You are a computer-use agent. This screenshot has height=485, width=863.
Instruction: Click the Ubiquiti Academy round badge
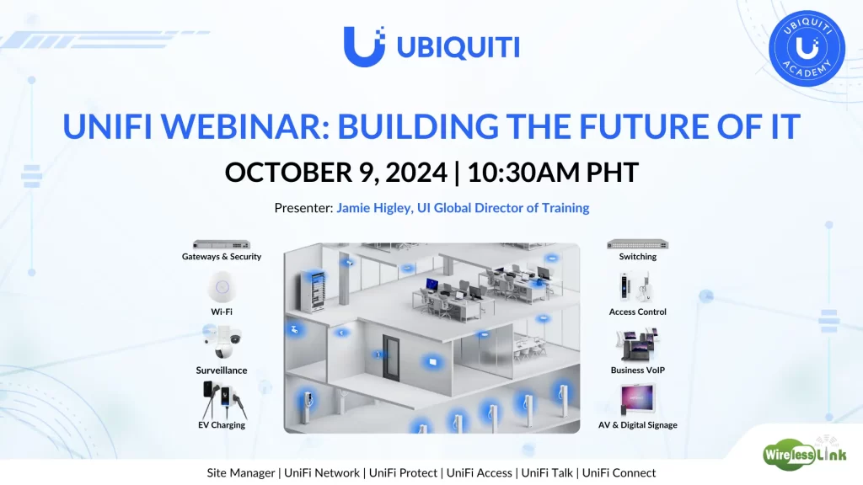[x=807, y=48]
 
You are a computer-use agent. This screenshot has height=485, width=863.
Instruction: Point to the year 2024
[x=416, y=172]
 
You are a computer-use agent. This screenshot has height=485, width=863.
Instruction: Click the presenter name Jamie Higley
[x=373, y=208]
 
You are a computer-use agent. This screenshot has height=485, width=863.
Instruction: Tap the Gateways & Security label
[x=222, y=256]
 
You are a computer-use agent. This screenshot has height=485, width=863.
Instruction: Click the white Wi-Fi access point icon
[x=222, y=287]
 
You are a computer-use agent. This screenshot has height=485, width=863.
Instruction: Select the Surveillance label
[x=222, y=370]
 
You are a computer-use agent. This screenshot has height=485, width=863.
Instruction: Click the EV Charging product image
[x=224, y=400]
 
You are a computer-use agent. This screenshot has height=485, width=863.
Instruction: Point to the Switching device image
[x=637, y=245]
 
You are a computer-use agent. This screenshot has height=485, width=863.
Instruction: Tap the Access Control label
[x=637, y=312]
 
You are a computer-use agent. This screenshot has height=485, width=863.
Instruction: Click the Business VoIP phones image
[x=637, y=344]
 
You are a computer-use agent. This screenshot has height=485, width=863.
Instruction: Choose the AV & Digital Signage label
[x=637, y=425]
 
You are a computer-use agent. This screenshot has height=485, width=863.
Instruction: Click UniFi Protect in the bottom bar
[x=403, y=473]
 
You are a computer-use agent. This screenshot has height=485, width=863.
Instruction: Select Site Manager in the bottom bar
[x=240, y=473]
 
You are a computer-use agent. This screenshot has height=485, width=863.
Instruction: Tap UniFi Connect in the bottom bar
[x=619, y=473]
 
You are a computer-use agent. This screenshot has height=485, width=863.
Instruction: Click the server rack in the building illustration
[x=316, y=291]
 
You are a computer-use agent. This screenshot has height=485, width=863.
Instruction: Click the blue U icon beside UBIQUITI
[x=364, y=47]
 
